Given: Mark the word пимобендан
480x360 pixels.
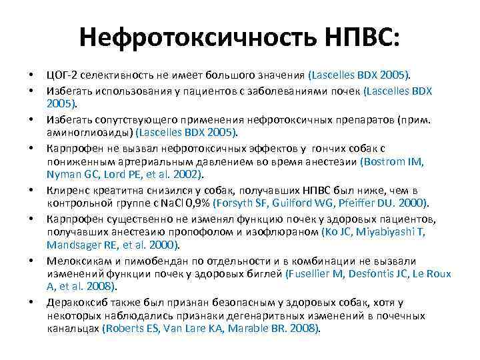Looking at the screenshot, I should click(140, 260).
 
